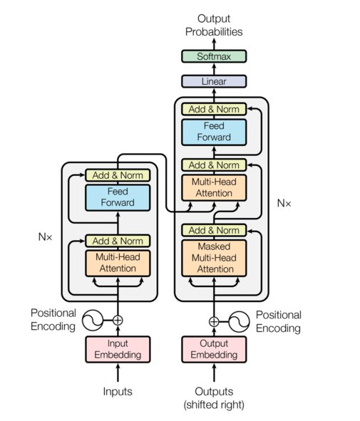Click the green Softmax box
click(x=214, y=56)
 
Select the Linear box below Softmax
click(x=214, y=81)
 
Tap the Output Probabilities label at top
click(x=214, y=26)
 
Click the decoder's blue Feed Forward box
click(x=214, y=132)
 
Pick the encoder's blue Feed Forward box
click(x=118, y=197)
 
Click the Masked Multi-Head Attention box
click(x=214, y=258)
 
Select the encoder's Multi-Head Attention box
click(x=118, y=263)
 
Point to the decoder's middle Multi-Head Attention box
click(x=214, y=187)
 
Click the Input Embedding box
click(x=118, y=349)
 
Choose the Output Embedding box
click(x=214, y=349)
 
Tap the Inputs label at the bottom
click(x=118, y=391)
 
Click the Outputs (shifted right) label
click(x=214, y=397)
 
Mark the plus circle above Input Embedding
click(x=118, y=321)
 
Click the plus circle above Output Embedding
click(x=214, y=321)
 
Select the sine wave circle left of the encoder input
click(x=93, y=321)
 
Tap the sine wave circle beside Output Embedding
click(x=239, y=321)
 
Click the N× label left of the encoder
click(x=46, y=236)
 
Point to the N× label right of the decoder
click(x=284, y=203)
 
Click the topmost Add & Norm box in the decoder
click(x=214, y=109)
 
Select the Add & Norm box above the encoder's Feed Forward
click(x=118, y=175)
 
